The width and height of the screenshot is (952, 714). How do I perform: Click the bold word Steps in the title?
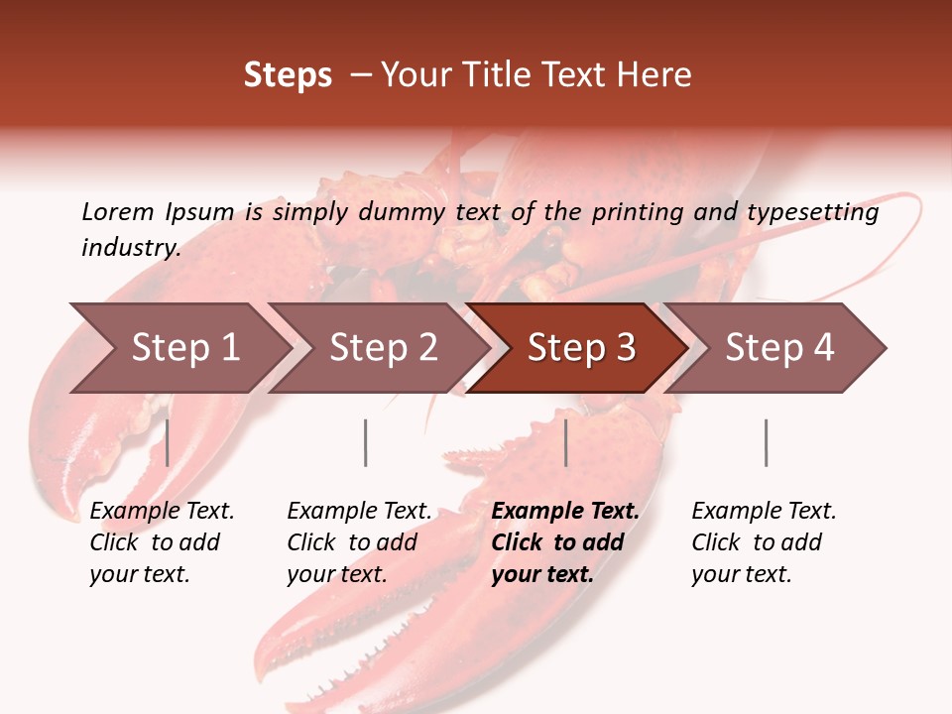tap(288, 74)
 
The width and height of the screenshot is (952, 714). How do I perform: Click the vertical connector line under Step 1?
tap(168, 442)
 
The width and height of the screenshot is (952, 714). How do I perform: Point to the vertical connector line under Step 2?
tap(366, 442)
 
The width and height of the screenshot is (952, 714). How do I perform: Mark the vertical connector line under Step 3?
tap(566, 442)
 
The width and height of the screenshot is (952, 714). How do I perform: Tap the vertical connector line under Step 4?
tap(767, 442)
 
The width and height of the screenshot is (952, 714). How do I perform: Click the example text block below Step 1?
tap(162, 542)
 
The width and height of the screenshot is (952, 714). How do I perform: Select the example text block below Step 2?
tap(359, 542)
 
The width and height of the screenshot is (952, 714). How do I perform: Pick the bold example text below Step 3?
tap(565, 542)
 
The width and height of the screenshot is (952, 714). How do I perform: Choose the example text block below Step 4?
tap(764, 542)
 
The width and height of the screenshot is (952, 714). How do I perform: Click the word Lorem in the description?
tap(118, 211)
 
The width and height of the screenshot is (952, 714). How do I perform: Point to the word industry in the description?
tap(131, 248)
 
